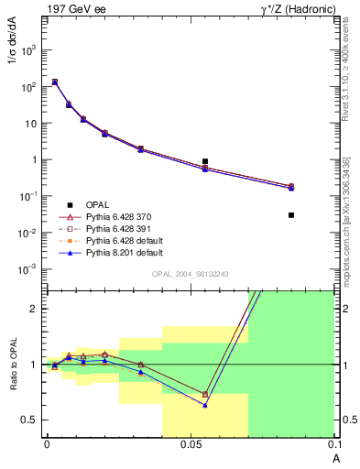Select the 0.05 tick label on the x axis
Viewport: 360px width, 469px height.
click(190, 444)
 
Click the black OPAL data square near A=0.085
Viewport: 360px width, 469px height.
click(291, 215)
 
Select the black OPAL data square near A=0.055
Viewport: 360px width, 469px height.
click(205, 161)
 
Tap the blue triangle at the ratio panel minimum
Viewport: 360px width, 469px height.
click(205, 405)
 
